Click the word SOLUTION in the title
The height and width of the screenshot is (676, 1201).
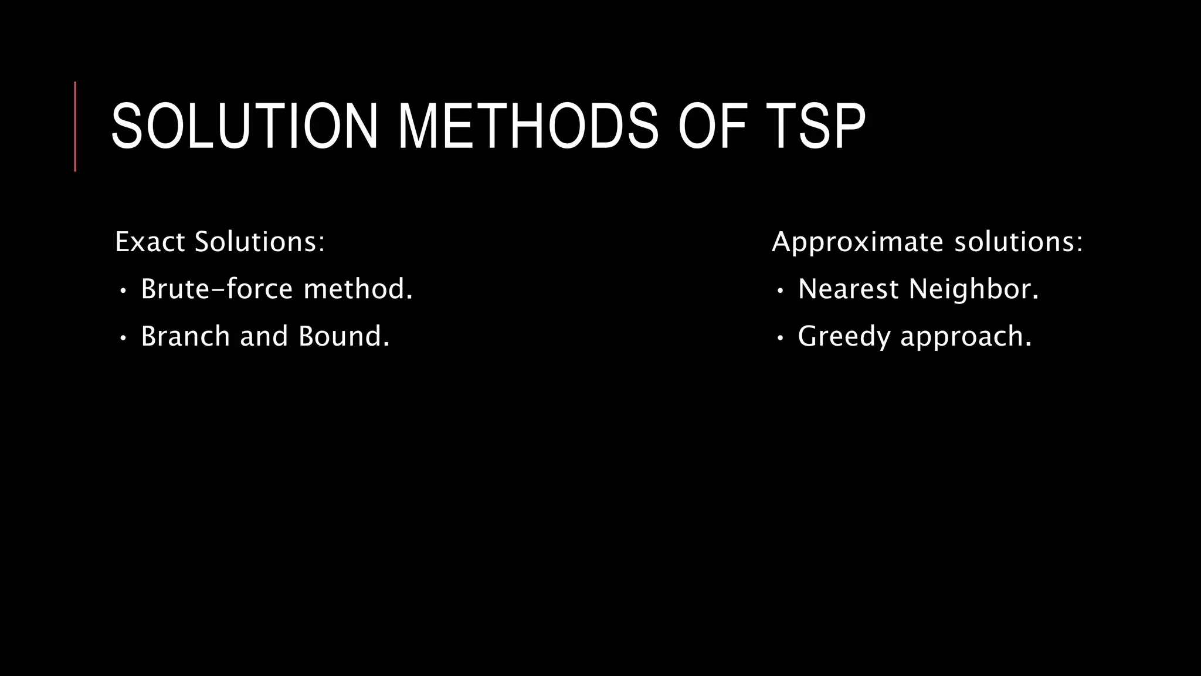point(244,127)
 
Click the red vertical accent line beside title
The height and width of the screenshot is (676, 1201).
point(75,127)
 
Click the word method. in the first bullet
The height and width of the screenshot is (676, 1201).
point(358,289)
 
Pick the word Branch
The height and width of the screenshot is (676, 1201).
point(185,337)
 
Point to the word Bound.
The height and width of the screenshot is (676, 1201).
point(344,337)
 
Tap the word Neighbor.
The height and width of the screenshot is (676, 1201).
point(973,289)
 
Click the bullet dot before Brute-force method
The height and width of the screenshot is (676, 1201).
point(123,290)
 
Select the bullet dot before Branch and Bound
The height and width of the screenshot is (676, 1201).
point(123,338)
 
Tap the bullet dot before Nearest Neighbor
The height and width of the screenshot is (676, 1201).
point(779,290)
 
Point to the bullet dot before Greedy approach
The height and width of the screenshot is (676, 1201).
point(779,338)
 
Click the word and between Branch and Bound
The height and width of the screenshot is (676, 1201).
point(264,337)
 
